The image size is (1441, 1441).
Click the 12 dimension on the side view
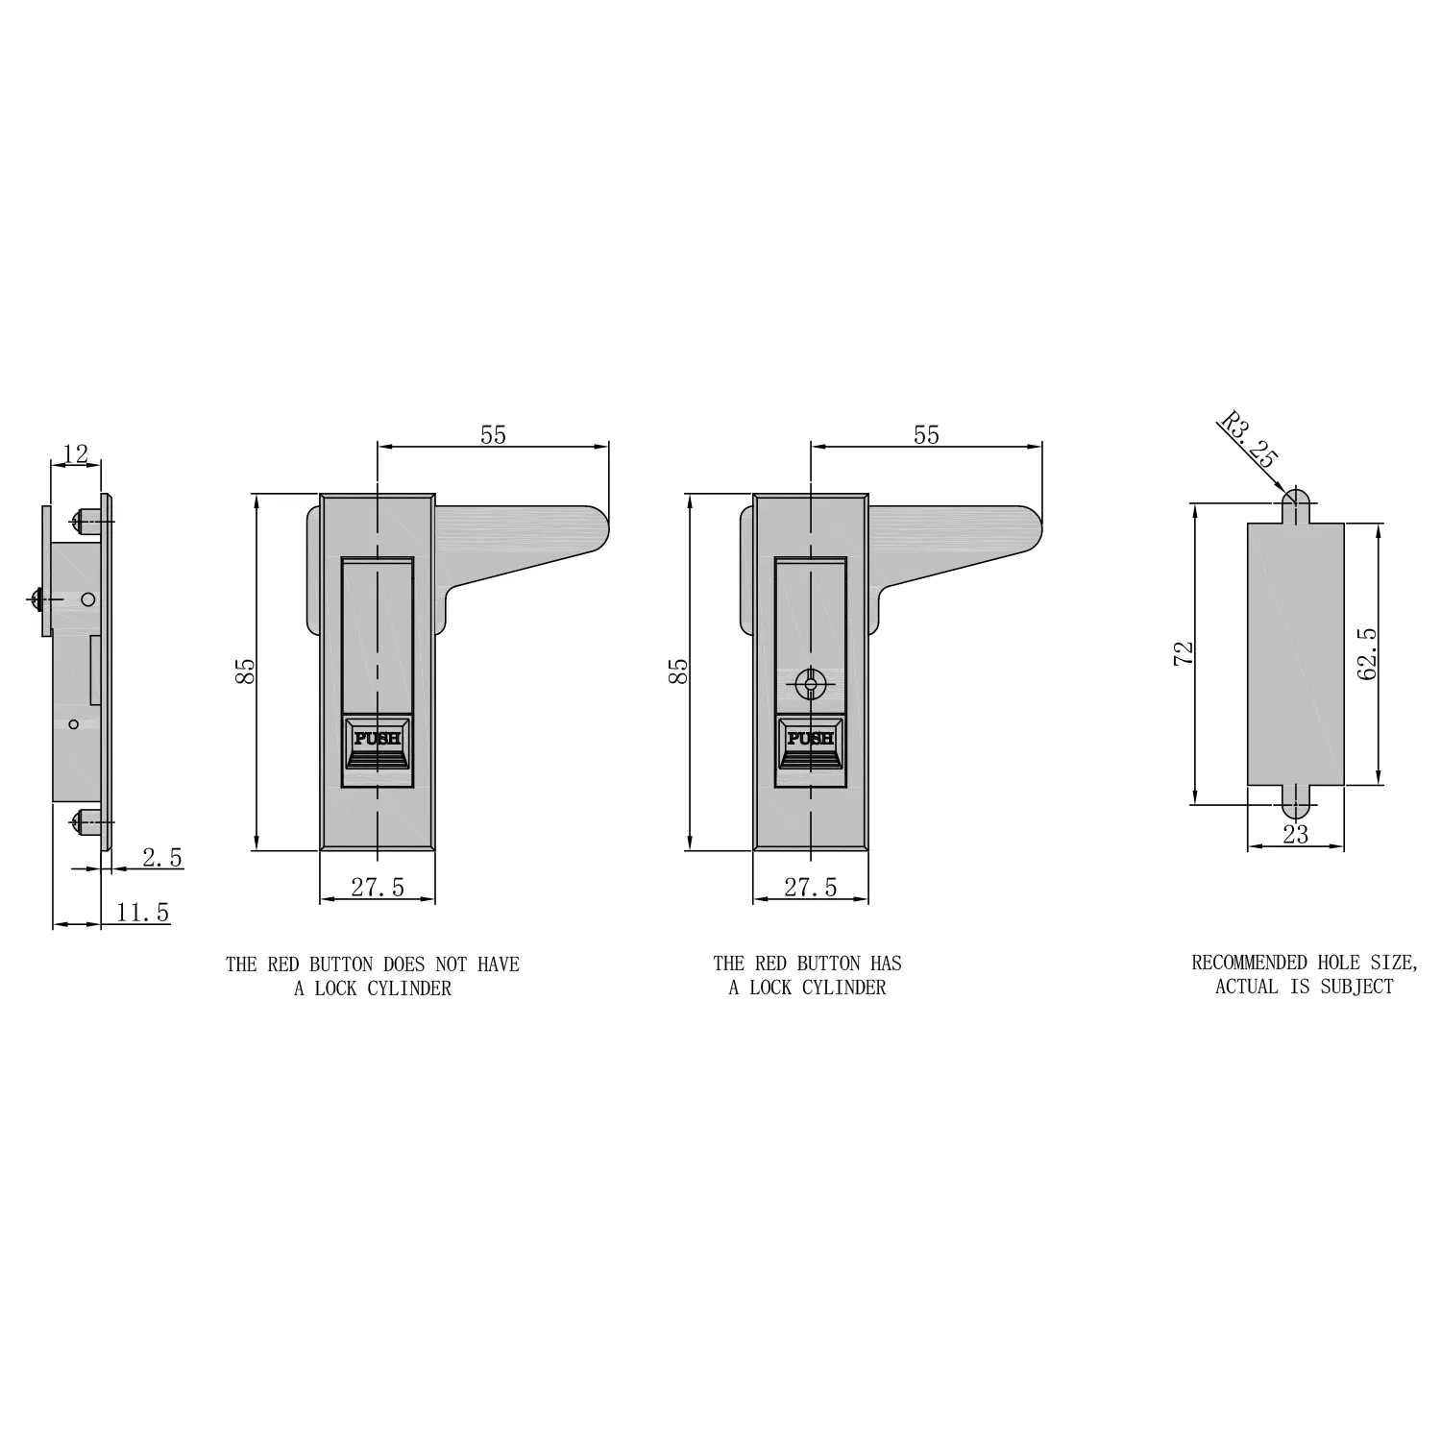click(75, 453)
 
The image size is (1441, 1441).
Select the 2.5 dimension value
click(161, 858)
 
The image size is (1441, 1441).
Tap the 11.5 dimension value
click(142, 913)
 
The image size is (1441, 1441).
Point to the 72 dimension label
click(1184, 653)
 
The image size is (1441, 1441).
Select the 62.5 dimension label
click(1368, 653)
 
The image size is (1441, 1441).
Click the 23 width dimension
click(1295, 835)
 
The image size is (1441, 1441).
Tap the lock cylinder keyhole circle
click(811, 685)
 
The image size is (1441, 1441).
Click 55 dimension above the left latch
click(493, 435)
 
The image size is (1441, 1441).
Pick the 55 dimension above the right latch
click(926, 435)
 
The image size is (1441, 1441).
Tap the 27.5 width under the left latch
click(377, 888)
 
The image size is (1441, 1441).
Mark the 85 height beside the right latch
click(678, 671)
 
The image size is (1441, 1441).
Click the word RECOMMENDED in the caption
click(1249, 963)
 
